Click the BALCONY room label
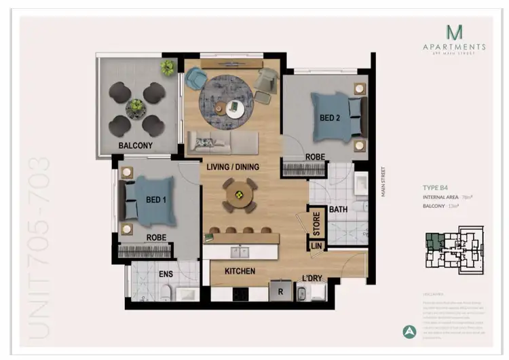click(x=136, y=145)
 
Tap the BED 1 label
click(x=155, y=200)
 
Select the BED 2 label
click(x=330, y=118)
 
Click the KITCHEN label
click(x=240, y=271)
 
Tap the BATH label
click(x=339, y=210)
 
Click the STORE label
click(x=316, y=221)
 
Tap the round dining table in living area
click(x=239, y=196)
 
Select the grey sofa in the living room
click(x=222, y=143)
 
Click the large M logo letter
click(x=454, y=31)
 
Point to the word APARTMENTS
click(x=454, y=47)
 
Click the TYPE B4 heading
click(x=436, y=187)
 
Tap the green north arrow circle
click(x=409, y=332)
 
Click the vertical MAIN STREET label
click(x=383, y=181)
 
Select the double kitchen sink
click(x=240, y=253)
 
